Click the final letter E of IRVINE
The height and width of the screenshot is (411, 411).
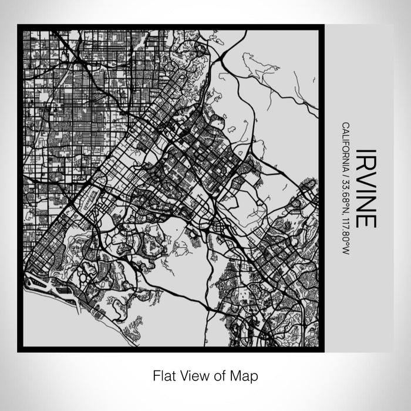[x=365, y=218]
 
